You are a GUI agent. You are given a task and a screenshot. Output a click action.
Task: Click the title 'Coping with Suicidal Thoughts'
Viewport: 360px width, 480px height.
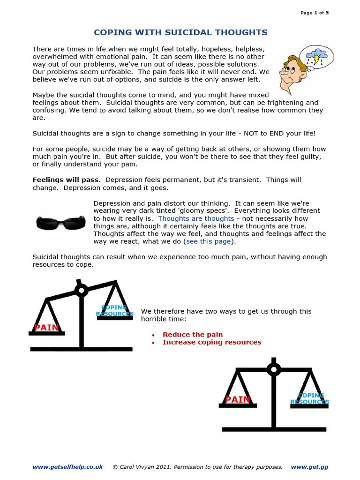coord(180,32)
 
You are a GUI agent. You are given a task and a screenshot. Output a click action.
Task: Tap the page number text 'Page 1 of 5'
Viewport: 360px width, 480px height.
coord(314,13)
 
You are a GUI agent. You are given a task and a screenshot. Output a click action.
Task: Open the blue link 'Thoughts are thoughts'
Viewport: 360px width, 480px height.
coord(196,218)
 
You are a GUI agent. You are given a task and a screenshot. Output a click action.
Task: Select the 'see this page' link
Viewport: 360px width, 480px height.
coord(209,241)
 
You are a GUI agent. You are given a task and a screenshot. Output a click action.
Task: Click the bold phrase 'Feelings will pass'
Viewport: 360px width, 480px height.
coord(66,180)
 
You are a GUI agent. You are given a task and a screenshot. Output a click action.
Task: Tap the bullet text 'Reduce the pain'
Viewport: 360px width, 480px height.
coord(193,334)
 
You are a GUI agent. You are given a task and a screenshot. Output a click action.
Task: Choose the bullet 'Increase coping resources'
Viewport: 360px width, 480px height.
coord(212,342)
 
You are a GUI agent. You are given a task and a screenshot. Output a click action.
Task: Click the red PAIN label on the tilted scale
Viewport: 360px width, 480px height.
coord(46,327)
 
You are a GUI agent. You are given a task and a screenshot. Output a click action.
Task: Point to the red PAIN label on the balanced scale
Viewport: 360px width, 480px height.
coord(238,399)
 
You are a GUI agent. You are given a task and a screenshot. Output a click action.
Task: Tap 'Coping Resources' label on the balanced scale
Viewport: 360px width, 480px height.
coord(309,399)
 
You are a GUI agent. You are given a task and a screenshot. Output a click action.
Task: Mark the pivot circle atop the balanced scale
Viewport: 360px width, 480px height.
coord(274,369)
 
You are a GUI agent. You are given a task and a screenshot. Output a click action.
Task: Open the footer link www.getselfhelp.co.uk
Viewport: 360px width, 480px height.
coord(67,467)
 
